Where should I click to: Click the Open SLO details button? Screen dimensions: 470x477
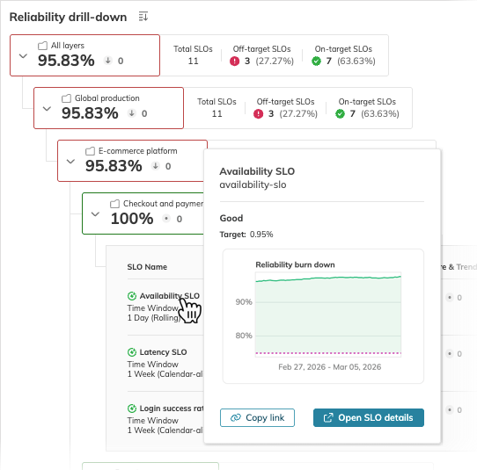pos(369,417)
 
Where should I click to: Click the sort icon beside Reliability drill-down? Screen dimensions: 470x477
pos(143,17)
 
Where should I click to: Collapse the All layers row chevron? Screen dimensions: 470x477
pos(23,55)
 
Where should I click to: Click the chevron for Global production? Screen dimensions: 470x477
pos(47,109)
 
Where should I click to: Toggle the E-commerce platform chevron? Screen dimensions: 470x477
pos(70,162)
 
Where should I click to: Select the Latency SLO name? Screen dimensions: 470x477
pos(163,352)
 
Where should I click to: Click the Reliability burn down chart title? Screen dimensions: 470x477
pos(295,264)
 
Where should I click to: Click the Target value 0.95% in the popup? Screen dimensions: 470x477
pos(261,235)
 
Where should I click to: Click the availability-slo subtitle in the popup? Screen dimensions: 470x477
pos(253,184)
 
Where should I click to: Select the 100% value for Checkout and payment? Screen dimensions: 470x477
pos(132,219)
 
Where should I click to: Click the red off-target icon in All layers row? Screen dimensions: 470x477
pos(235,61)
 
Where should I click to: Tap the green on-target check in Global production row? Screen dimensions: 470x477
pos(340,114)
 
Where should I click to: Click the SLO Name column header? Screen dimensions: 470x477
pos(147,267)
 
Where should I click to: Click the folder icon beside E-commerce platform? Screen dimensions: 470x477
pos(90,151)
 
